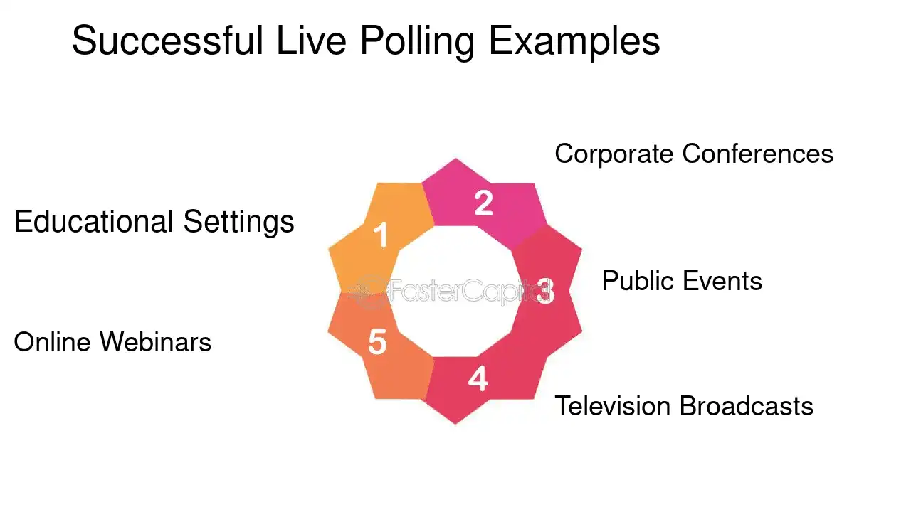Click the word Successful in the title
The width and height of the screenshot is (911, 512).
pos(167,41)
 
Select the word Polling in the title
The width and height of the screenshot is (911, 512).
pos(416,41)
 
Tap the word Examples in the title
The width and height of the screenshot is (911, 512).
pos(574,41)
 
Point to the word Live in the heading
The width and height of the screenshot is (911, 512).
pos(312,41)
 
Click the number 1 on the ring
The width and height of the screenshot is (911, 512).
pos(381,235)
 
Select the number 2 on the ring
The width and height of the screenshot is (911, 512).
pos(483,203)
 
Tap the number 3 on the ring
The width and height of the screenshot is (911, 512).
pos(545,291)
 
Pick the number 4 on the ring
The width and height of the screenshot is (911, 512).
pos(478,378)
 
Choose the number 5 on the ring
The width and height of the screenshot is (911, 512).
pos(377,343)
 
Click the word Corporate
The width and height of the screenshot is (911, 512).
pos(614,154)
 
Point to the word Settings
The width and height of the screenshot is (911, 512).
pos(239,221)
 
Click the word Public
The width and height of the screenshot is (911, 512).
pos(638,281)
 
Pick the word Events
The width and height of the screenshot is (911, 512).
pos(722,281)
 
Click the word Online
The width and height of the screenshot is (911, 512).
pos(52,342)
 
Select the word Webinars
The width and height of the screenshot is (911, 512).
pos(155,342)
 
